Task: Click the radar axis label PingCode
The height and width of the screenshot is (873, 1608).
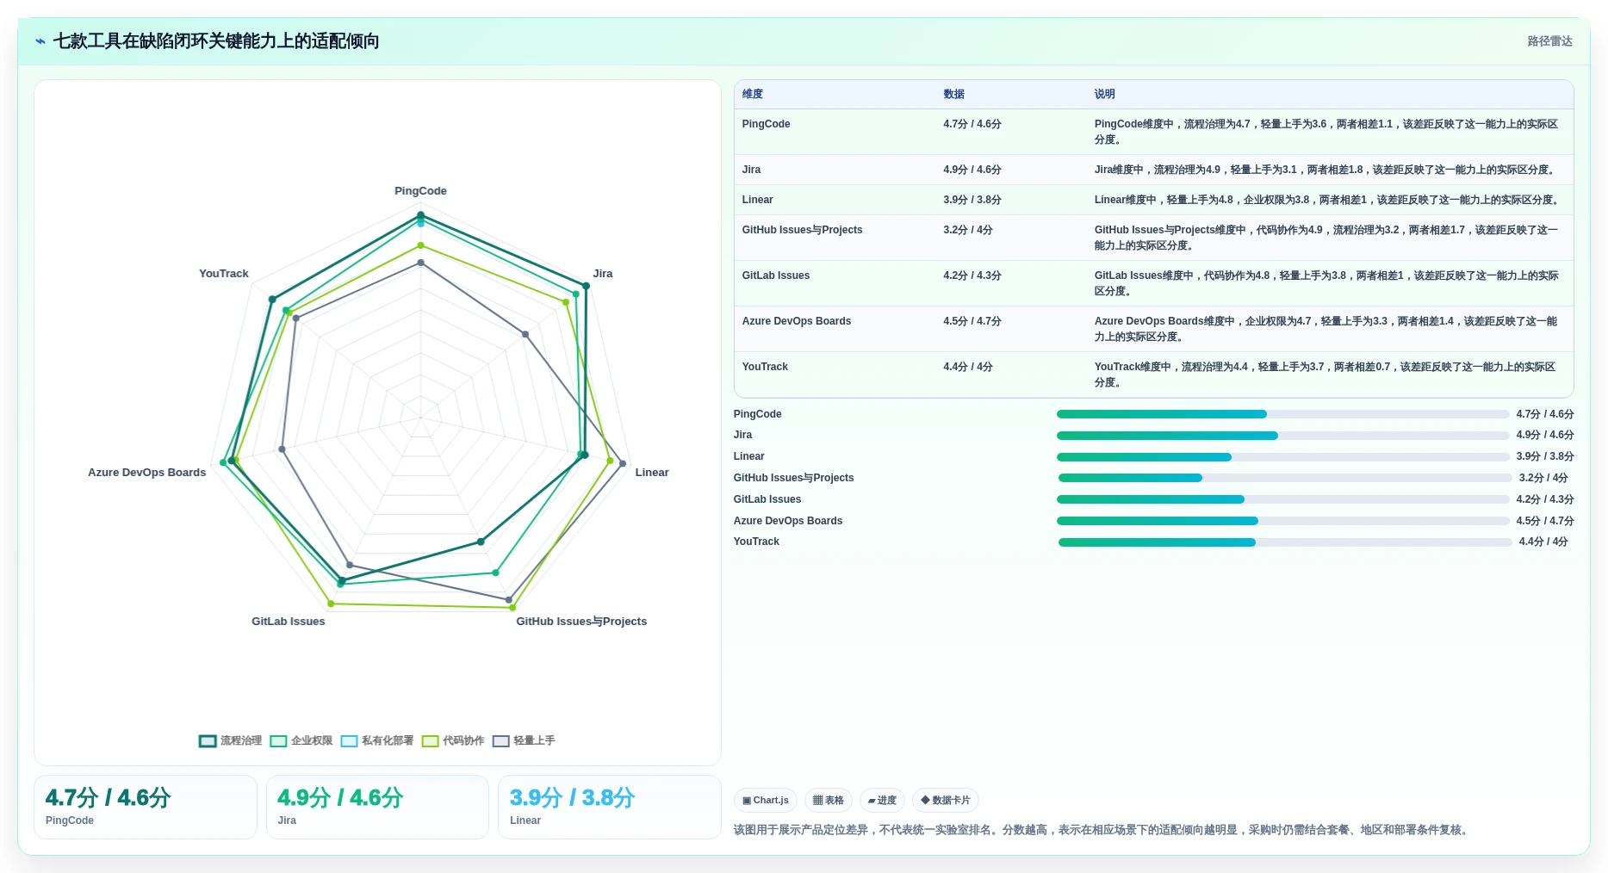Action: point(420,191)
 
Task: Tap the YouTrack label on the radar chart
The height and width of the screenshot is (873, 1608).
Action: point(224,274)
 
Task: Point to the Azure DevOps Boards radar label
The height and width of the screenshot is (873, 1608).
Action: point(147,473)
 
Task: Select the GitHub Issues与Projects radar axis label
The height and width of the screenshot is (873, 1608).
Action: point(581,622)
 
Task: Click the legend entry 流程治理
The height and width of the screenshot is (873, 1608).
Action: point(231,740)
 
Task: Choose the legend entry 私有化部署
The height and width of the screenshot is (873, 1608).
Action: point(377,740)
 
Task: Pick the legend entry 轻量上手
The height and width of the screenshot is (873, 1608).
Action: point(525,740)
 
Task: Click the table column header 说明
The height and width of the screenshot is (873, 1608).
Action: point(1105,94)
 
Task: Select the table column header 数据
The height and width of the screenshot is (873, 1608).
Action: point(953,94)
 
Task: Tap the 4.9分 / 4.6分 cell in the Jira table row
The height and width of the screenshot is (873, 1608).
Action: point(972,170)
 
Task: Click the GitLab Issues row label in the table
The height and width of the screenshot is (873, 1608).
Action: point(776,276)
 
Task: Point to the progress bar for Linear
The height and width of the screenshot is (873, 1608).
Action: point(1282,457)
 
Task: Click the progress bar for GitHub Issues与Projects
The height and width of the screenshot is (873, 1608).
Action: point(1285,478)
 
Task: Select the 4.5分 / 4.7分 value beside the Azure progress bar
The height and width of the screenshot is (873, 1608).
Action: point(1545,521)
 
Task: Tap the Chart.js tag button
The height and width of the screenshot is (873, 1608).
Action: point(766,801)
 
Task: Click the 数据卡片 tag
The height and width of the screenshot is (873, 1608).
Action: point(946,801)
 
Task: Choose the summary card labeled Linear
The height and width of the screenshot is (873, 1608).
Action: point(610,807)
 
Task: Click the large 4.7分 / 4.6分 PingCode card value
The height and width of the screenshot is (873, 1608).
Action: point(108,798)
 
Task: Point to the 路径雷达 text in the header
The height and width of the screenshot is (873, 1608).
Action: point(1550,41)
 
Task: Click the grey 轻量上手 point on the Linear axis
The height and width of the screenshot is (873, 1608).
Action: point(623,464)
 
